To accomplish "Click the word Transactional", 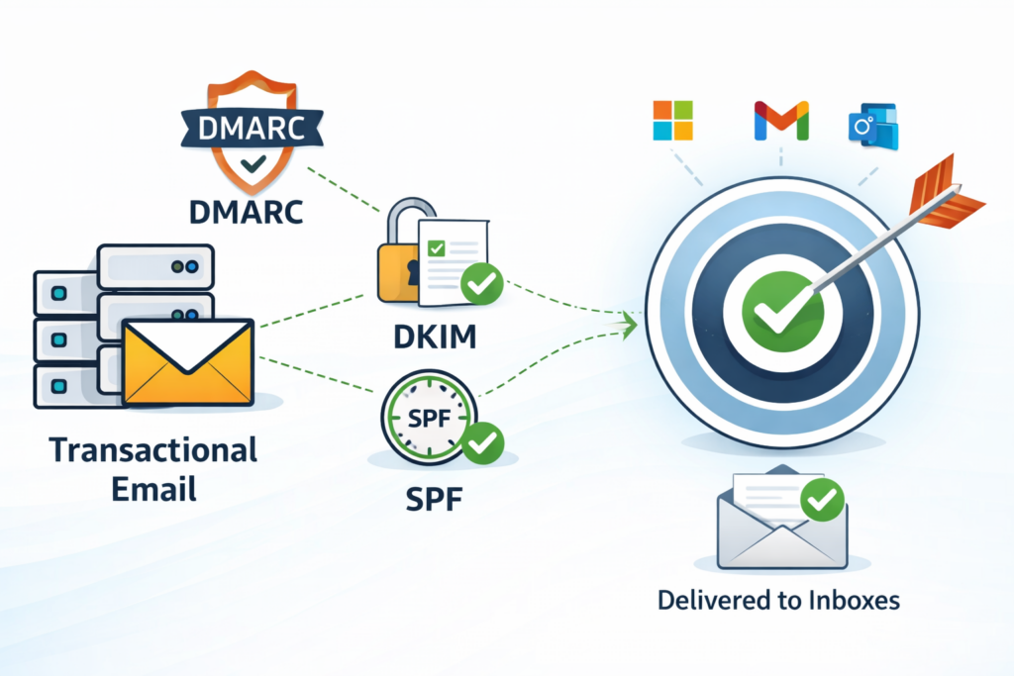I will point(153,450).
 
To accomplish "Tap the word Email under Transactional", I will point(153,487).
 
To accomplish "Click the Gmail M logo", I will point(780,120).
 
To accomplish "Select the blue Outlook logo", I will point(872,126).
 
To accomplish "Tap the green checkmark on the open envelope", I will point(821,501).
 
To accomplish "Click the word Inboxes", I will point(858,600).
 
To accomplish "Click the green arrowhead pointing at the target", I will point(627,321).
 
